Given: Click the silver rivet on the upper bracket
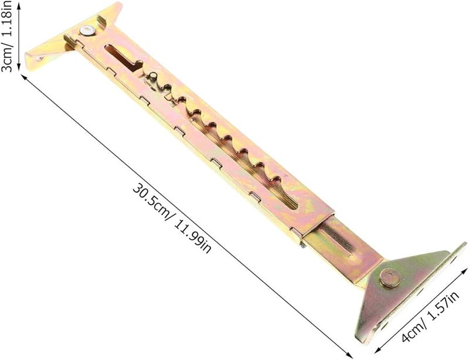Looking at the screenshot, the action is (87, 30).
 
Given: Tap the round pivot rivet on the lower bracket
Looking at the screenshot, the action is (390, 278).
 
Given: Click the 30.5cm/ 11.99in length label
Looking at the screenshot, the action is (172, 219).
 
